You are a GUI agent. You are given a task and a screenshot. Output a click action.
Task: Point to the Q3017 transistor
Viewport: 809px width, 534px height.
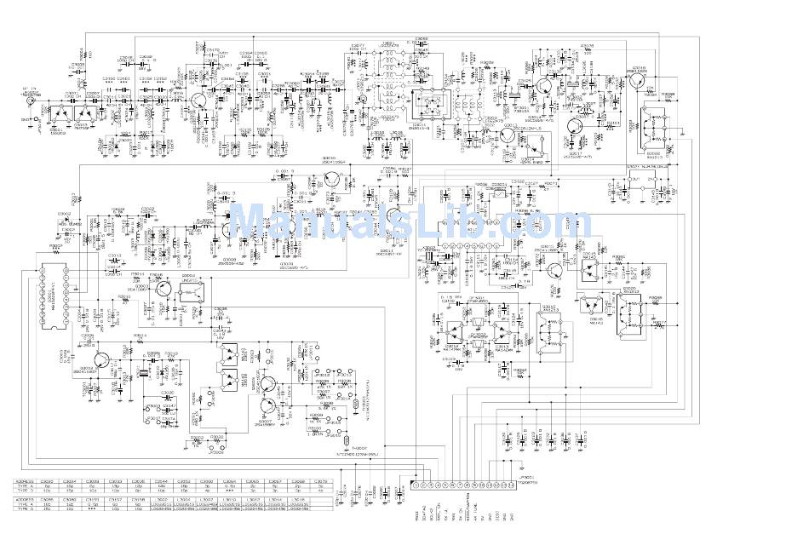pos(573,125)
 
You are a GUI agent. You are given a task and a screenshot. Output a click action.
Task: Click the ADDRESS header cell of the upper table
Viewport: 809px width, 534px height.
pos(25,481)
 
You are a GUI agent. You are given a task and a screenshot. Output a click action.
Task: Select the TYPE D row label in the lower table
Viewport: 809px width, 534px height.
pos(26,510)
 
